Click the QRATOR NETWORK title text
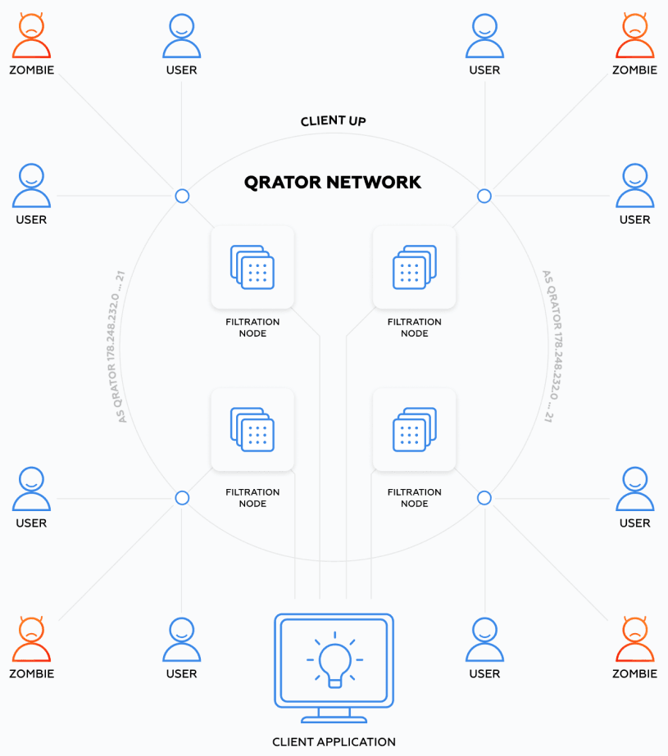(x=333, y=182)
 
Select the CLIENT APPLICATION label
(x=334, y=742)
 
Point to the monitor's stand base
(x=334, y=718)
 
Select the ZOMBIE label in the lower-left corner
(x=31, y=674)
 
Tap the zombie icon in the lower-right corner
(x=634, y=639)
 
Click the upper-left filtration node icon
(x=252, y=266)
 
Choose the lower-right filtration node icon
(x=414, y=428)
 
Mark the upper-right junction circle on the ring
(x=484, y=196)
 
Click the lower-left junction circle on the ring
(x=182, y=498)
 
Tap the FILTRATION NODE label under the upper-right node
(x=414, y=328)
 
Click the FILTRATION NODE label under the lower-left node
(x=252, y=498)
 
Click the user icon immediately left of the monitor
(x=181, y=639)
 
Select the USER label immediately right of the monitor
(x=484, y=674)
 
